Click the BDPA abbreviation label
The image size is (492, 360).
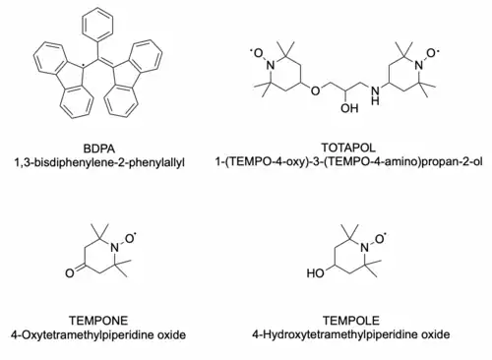99,149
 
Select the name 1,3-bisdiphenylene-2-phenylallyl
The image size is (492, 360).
99,162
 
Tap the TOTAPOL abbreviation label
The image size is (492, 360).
348,148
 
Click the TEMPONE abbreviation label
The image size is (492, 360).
98,321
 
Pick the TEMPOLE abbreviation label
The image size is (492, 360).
351,321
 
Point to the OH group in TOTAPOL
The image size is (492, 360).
349,108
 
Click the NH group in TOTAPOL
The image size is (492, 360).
376,94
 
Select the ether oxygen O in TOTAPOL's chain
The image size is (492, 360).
315,90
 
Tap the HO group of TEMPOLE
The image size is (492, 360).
316,273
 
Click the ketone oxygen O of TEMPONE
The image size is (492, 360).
70,273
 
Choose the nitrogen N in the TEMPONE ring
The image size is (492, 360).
114,248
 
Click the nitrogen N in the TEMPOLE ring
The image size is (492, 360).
364,248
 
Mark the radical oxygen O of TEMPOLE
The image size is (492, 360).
380,239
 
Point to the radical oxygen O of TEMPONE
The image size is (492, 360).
130,239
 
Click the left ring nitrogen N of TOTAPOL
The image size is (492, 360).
271,65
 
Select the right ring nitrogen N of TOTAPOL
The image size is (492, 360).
418,65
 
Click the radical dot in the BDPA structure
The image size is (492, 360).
84,68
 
